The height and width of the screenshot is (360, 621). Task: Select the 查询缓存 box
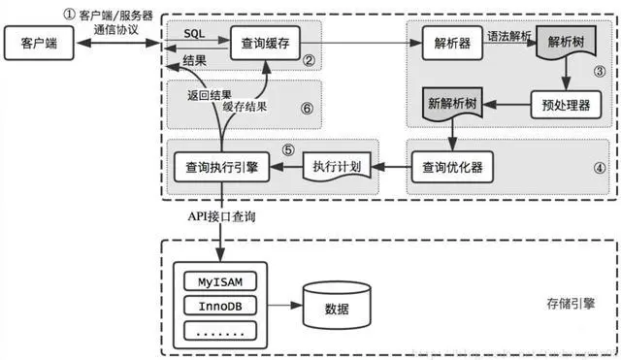(x=263, y=42)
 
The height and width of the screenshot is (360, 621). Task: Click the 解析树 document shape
(x=567, y=45)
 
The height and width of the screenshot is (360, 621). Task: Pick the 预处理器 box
(x=560, y=103)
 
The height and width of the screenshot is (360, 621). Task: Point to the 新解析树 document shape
(x=452, y=103)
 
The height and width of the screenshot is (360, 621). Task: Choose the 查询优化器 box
(x=446, y=166)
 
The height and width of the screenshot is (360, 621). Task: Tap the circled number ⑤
(x=288, y=150)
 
